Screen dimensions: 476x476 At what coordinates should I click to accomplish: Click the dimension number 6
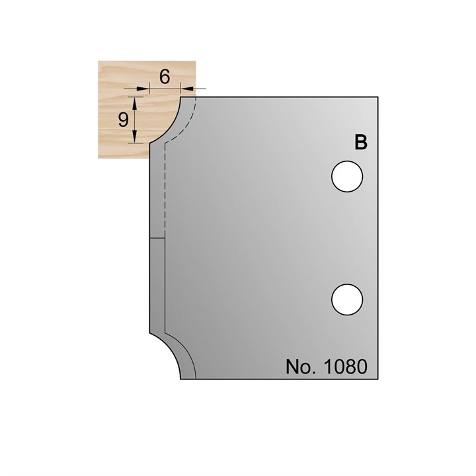[165, 76]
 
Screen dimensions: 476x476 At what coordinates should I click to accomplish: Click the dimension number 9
[122, 119]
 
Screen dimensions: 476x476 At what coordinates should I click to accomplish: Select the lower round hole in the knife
[347, 297]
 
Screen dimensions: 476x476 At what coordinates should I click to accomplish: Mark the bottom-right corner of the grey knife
[377, 379]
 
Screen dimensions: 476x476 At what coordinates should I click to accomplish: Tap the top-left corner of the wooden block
[99, 61]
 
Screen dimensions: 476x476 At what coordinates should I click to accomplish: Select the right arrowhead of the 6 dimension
[184, 88]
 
